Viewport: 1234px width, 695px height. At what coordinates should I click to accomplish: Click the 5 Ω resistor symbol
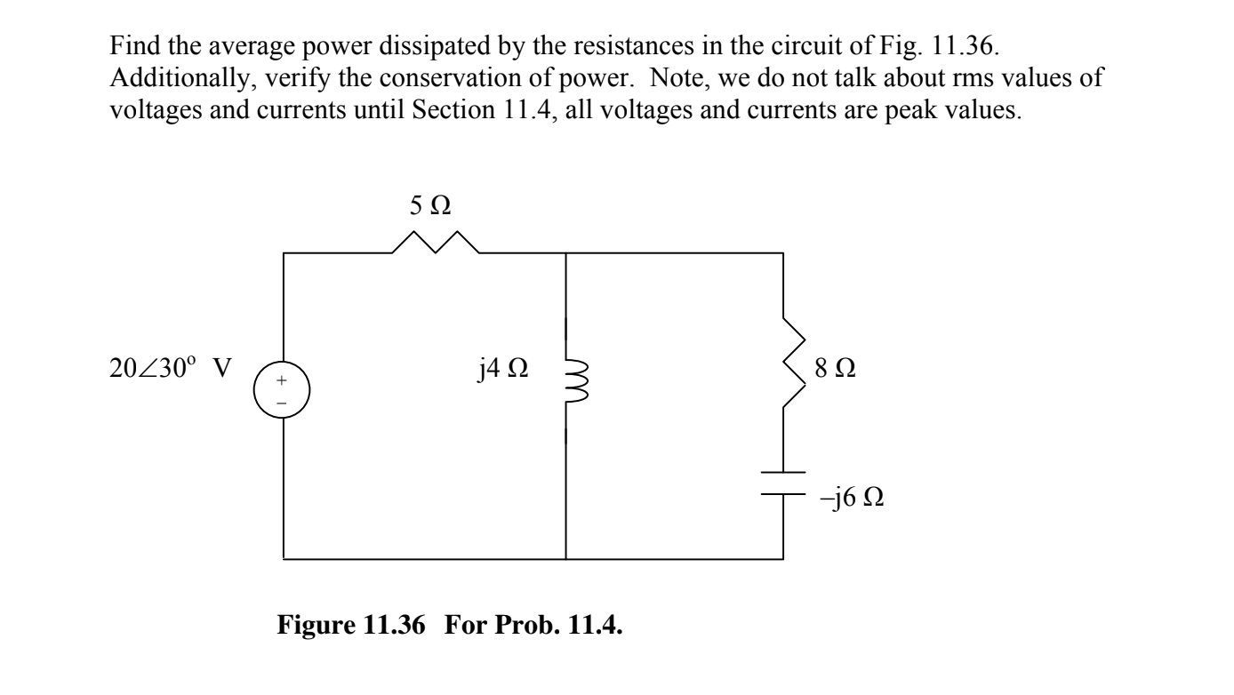436,242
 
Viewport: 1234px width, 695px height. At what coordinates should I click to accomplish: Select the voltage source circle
284,392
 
